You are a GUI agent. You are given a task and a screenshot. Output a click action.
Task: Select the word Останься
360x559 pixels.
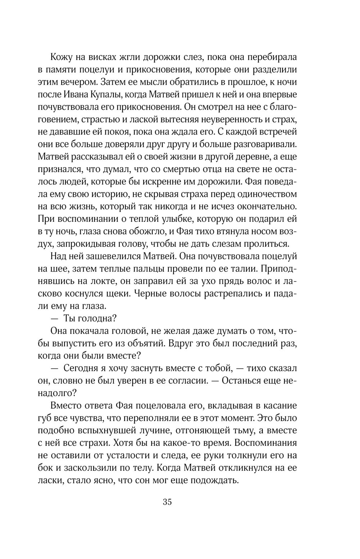point(246,380)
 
